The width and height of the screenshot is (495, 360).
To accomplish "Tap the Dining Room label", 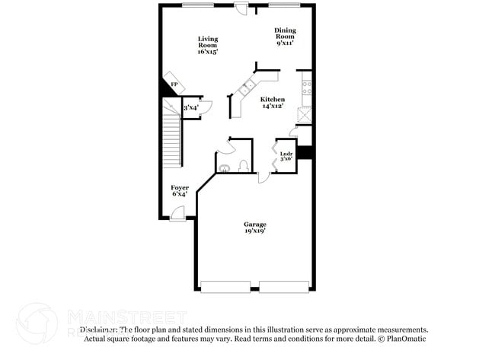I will pyautogui.click(x=285, y=37).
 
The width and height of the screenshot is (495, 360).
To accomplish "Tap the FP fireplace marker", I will pyautogui.click(x=174, y=84).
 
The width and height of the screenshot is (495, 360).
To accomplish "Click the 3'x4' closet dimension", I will pyautogui.click(x=190, y=109).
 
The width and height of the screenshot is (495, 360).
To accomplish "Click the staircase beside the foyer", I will pyautogui.click(x=171, y=145).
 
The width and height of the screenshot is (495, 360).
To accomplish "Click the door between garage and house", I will pyautogui.click(x=263, y=176).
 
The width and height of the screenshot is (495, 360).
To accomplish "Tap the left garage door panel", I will pyautogui.click(x=226, y=287).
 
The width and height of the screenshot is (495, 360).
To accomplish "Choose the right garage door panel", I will pyautogui.click(x=285, y=287).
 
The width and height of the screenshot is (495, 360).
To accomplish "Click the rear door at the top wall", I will pyautogui.click(x=241, y=8).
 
